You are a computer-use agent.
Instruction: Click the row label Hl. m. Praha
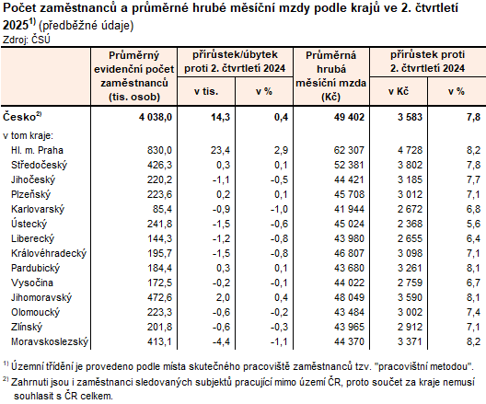(x=36, y=148)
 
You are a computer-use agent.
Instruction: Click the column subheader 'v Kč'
(x=398, y=91)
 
